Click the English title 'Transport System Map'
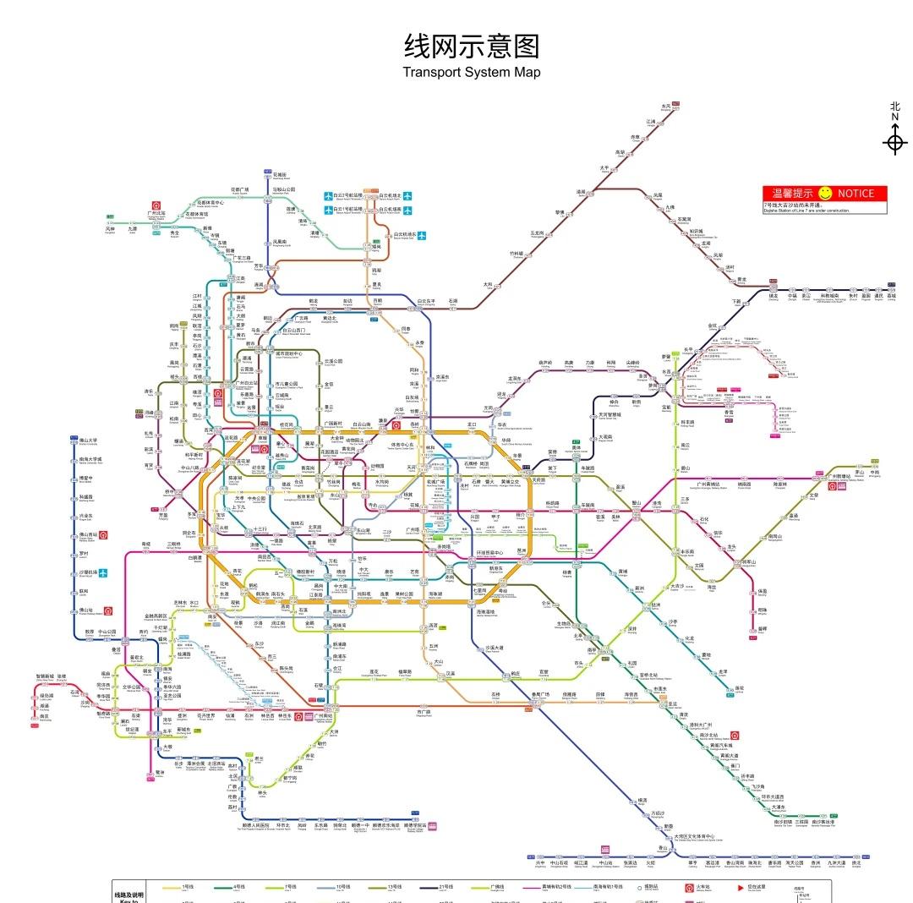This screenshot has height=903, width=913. point(472,72)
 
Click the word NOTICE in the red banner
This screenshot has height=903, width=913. point(861,194)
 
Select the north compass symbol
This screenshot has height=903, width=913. point(894,141)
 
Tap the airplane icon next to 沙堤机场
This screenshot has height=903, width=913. point(103,572)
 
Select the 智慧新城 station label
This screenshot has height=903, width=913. point(44,676)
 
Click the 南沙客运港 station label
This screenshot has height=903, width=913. point(820,822)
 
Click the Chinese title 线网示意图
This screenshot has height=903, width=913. point(472,46)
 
